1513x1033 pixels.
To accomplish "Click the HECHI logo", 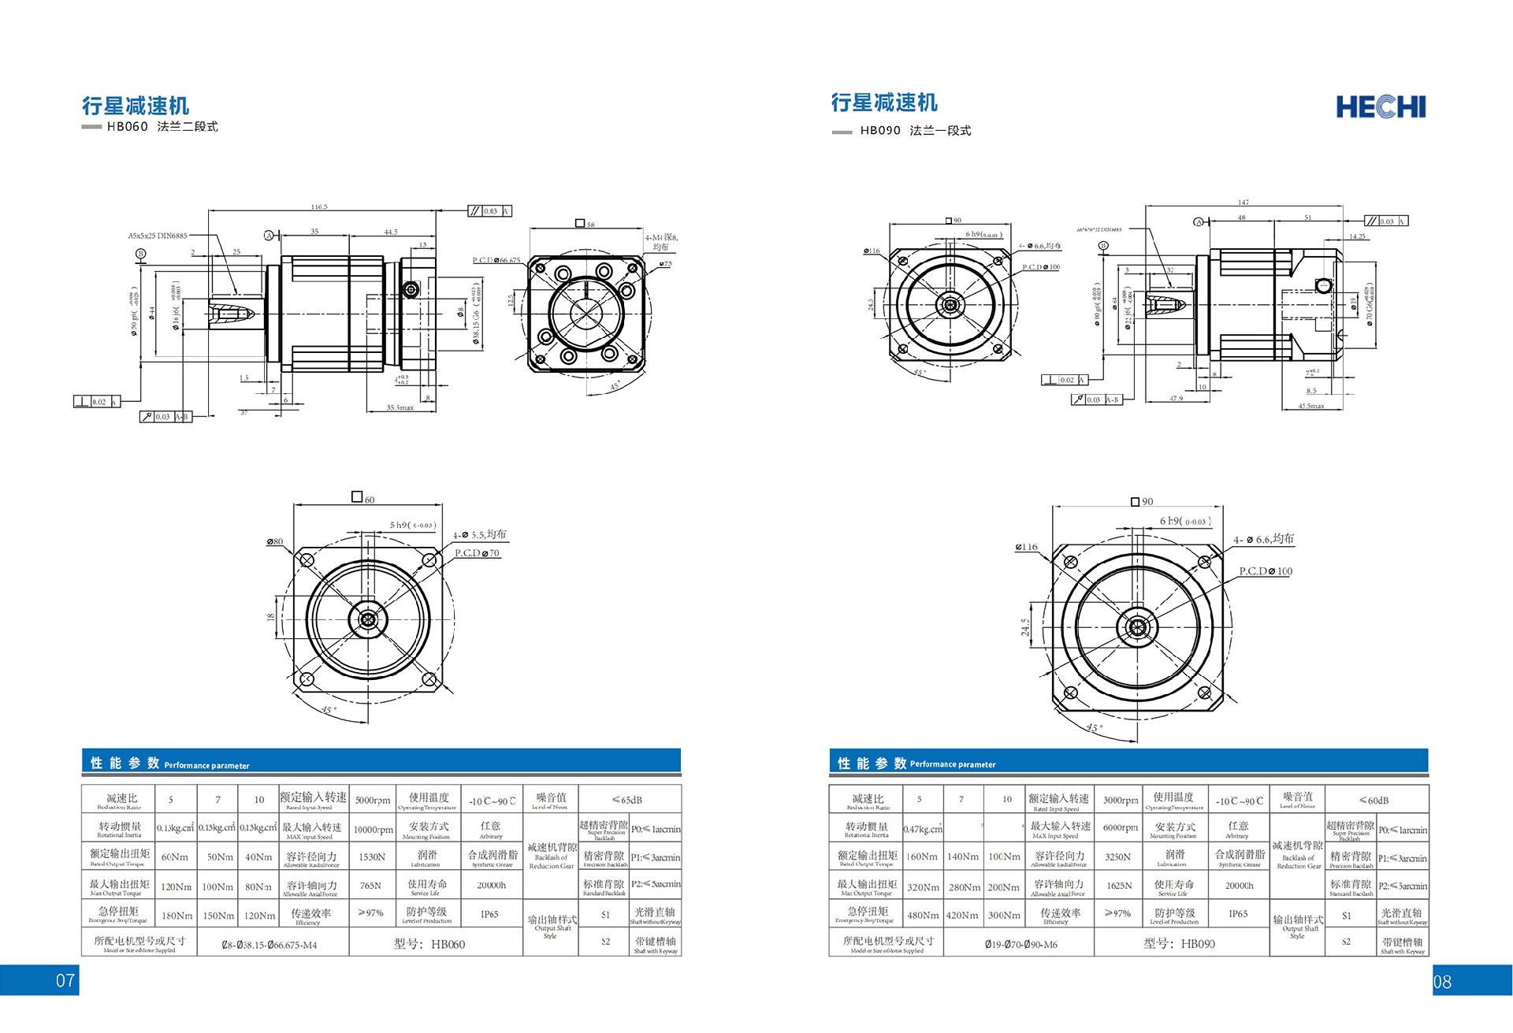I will click(x=1381, y=107).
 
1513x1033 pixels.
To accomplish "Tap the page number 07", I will click(x=65, y=980).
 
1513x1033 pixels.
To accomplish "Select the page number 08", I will click(x=1442, y=982).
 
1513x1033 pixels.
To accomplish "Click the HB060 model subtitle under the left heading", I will click(x=162, y=127).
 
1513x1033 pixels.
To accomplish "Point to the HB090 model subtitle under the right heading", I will click(x=915, y=131).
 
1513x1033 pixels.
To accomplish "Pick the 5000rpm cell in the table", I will click(x=372, y=800).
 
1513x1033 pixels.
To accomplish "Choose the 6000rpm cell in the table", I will click(x=1120, y=827).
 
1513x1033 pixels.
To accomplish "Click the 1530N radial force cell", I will click(x=372, y=856).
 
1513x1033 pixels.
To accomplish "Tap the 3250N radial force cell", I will click(x=1118, y=856).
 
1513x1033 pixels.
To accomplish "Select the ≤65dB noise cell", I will click(x=628, y=800).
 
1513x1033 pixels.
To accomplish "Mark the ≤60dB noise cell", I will click(x=1374, y=800).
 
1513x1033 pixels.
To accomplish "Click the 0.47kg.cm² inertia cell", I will click(x=923, y=829).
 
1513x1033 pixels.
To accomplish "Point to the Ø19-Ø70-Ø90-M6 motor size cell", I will click(x=1020, y=944).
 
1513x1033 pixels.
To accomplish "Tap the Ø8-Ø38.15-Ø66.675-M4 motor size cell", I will click(x=270, y=945).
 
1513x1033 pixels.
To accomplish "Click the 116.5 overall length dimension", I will click(x=318, y=206).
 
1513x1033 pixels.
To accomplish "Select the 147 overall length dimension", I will click(x=1243, y=203).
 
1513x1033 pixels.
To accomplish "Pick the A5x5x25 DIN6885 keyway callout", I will click(x=158, y=236).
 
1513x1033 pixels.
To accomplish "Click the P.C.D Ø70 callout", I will click(x=478, y=553).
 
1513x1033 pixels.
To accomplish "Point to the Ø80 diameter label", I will click(x=274, y=541).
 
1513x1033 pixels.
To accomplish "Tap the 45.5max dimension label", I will click(x=1310, y=407).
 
